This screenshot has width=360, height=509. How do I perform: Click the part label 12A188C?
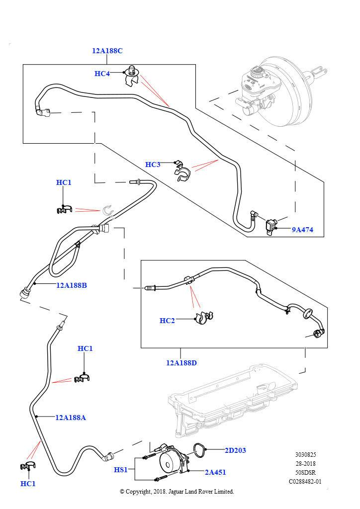(107, 51)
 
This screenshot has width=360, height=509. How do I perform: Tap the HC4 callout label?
(102, 74)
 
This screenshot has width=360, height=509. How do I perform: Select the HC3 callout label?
(153, 165)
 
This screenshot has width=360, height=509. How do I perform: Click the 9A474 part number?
(302, 230)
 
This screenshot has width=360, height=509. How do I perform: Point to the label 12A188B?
(72, 285)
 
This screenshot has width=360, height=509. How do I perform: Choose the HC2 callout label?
(167, 321)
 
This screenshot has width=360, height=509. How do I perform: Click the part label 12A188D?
(181, 363)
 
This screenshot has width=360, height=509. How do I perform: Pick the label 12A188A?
(71, 418)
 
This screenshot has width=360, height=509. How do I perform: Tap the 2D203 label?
(235, 450)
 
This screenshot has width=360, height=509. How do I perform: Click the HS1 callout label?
(121, 469)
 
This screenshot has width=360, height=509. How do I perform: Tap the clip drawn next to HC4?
(131, 76)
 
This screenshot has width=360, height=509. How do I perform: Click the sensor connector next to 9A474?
(271, 225)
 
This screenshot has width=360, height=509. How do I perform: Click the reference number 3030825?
(305, 454)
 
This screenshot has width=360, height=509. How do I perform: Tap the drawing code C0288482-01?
(305, 481)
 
